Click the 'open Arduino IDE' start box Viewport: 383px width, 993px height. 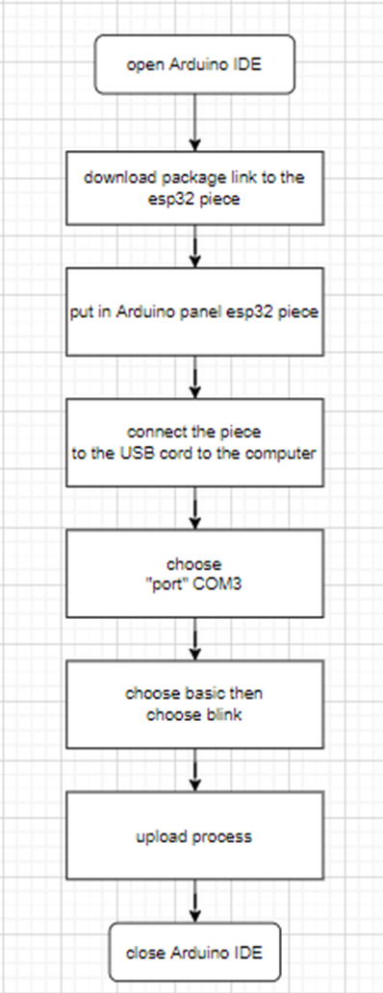(194, 65)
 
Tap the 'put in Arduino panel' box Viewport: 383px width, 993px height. (194, 313)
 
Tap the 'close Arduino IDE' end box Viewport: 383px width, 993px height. (194, 953)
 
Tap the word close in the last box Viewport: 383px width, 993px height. (145, 953)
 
